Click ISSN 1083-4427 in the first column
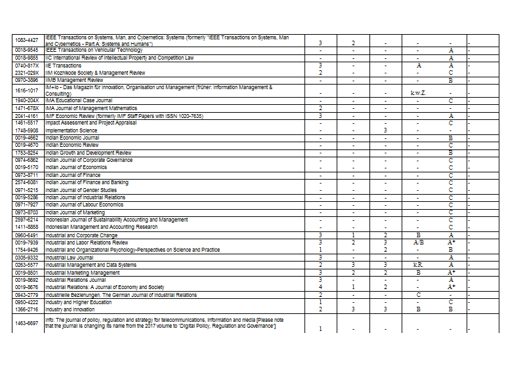tap(27, 41)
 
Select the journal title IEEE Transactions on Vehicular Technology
tap(93, 50)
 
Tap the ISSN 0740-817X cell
tap(27, 66)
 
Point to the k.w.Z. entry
tap(418, 93)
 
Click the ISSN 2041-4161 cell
tap(27, 116)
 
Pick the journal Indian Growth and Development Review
tap(88, 152)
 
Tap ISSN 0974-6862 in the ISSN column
tap(27, 160)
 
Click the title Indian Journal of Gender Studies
tap(81, 189)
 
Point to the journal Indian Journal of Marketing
tap(75, 212)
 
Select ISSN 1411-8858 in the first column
tap(27, 227)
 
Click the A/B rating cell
tap(418, 243)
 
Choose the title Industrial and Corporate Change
tap(81, 235)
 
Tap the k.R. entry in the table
tap(418, 265)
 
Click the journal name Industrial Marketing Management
tap(83, 272)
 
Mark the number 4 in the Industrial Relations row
tap(320, 287)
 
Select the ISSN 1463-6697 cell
tap(27, 322)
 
